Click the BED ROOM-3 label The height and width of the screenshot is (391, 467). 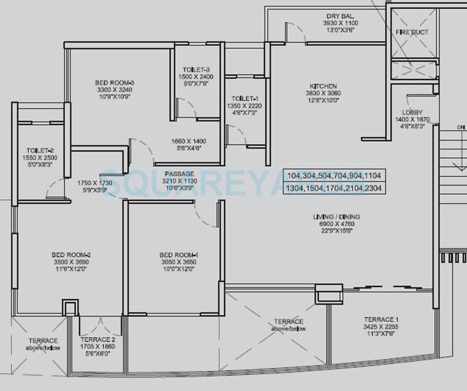[115, 82]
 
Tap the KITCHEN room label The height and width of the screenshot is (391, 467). [323, 86]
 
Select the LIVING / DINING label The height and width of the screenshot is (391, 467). [337, 217]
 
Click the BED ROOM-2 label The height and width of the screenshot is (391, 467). [71, 254]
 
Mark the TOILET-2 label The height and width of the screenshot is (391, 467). [39, 150]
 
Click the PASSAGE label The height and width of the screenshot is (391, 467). [179, 173]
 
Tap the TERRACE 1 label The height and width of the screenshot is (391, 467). [380, 319]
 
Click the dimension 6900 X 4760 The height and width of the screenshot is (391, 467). [337, 224]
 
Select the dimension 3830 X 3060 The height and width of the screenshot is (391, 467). [323, 93]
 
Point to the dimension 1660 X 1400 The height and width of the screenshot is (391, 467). [188, 141]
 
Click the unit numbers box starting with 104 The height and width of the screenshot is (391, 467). [333, 175]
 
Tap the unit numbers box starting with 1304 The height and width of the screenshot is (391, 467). [333, 188]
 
